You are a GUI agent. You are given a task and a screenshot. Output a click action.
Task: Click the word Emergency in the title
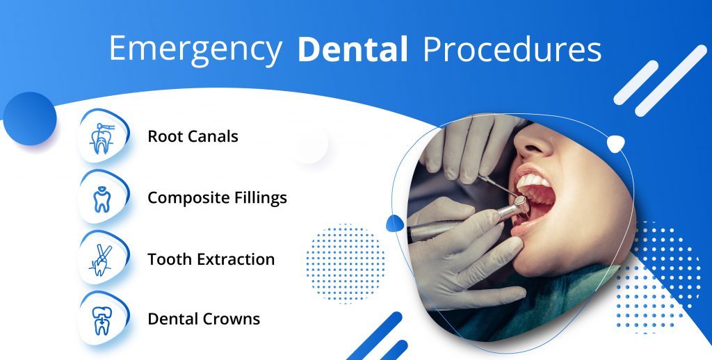coord(195,49)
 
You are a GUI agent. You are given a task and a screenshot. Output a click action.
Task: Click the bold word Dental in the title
coord(353,49)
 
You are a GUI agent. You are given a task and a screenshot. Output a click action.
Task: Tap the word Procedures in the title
coord(512,49)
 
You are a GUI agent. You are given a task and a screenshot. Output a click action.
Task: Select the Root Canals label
coord(193,136)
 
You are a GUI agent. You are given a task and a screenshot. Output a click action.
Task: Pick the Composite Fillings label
coord(218,198)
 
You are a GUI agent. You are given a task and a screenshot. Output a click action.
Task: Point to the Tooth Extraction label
coord(211,259)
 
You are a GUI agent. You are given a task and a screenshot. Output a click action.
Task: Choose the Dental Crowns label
coord(204,319)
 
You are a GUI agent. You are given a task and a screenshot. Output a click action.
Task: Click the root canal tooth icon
coord(102,138)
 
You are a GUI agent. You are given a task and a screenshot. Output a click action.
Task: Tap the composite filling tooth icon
coord(102,199)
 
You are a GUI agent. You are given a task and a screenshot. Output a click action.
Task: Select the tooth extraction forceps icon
coord(102,260)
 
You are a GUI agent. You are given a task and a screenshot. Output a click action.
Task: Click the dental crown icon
coord(102,320)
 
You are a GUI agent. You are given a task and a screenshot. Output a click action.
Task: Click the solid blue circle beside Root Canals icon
coord(29,119)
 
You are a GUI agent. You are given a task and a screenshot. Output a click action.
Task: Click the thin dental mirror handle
coord(497,186)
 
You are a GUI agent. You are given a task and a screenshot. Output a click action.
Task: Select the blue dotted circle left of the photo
coord(345,263)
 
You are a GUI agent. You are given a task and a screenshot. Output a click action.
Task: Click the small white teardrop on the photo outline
coord(616,144)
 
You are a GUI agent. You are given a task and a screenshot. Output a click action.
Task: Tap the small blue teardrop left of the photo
coord(394,223)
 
